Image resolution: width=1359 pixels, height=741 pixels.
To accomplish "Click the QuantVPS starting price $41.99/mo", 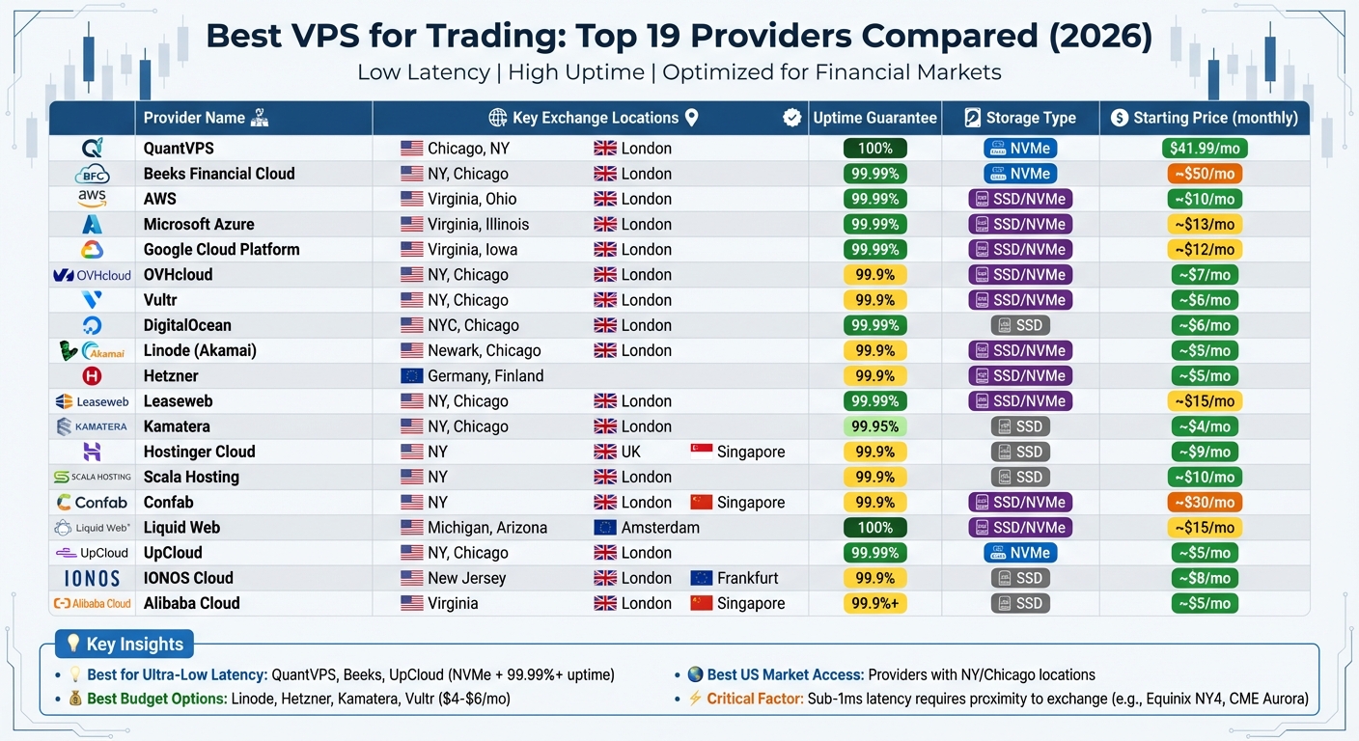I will pyautogui.click(x=1205, y=149).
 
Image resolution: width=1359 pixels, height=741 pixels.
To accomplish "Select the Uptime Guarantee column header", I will pyautogui.click(x=874, y=118).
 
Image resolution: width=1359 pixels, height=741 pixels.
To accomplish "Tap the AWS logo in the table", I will pyautogui.click(x=92, y=199).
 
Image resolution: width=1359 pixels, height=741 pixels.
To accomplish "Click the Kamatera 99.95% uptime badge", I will pyautogui.click(x=874, y=426).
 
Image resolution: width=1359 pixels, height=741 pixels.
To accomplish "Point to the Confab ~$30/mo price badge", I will pyautogui.click(x=1205, y=503).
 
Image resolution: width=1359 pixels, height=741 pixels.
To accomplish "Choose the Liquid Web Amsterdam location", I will pyautogui.click(x=659, y=528).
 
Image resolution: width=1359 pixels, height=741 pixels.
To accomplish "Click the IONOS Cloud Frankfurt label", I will pyautogui.click(x=750, y=578).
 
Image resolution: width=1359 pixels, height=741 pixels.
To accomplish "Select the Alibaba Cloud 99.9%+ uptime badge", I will pyautogui.click(x=874, y=603).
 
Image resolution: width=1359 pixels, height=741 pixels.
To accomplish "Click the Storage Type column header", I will pyautogui.click(x=1020, y=118).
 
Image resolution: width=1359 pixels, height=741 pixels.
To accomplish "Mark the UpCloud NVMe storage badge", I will pyautogui.click(x=1020, y=553).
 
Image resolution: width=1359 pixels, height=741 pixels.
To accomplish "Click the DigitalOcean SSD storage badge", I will pyautogui.click(x=1020, y=325).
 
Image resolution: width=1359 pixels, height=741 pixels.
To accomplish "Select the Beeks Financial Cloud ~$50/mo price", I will pyautogui.click(x=1205, y=174).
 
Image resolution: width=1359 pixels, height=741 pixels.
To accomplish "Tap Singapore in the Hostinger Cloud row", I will pyautogui.click(x=750, y=452).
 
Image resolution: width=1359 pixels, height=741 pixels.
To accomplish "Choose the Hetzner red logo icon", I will pyautogui.click(x=92, y=376).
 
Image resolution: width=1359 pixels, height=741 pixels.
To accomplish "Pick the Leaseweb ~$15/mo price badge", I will pyautogui.click(x=1205, y=401).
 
